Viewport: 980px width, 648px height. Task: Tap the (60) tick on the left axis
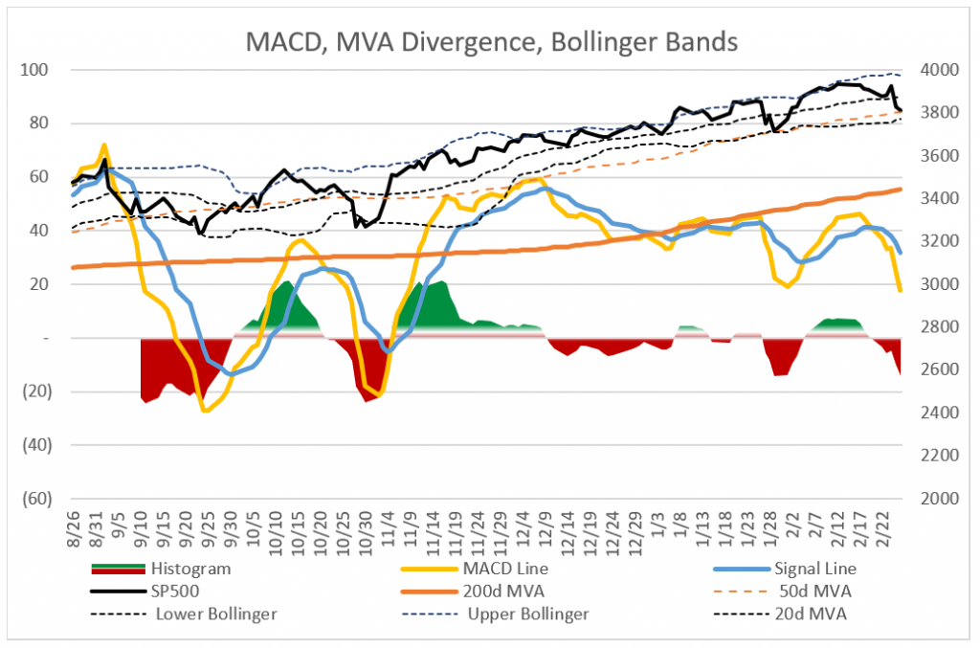point(37,499)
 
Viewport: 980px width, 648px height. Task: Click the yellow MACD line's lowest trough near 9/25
point(205,411)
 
